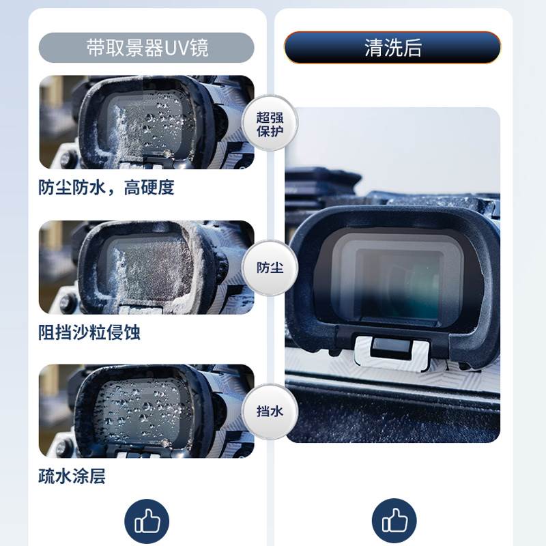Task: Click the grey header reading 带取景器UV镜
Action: click(x=147, y=48)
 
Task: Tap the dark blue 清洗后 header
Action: click(x=392, y=48)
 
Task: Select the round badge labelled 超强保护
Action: click(x=270, y=123)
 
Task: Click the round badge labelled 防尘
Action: click(x=270, y=268)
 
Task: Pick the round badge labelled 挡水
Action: click(x=270, y=411)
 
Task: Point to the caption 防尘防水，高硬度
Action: click(x=106, y=188)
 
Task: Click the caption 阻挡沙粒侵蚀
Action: click(x=89, y=332)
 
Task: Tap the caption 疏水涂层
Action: click(x=72, y=476)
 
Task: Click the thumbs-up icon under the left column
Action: click(x=147, y=522)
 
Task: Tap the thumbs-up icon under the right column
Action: click(x=394, y=522)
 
